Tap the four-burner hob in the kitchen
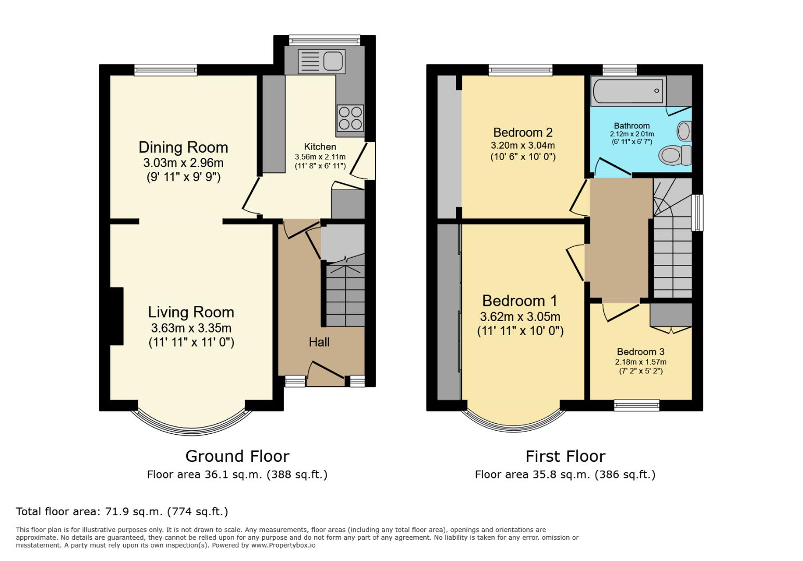pos(350,118)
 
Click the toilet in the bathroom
pos(675,155)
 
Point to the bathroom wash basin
pos(684,130)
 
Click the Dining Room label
pos(183,147)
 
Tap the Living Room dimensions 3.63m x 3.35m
pos(191,328)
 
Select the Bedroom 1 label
pos(520,301)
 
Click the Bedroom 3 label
pos(640,352)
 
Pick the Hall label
pos(319,342)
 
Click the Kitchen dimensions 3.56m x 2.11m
pos(320,157)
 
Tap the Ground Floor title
pos(237,456)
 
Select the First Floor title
pos(565,456)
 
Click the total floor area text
pos(122,512)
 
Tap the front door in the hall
pos(326,371)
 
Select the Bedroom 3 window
pos(637,405)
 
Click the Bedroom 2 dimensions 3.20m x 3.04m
pos(523,145)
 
